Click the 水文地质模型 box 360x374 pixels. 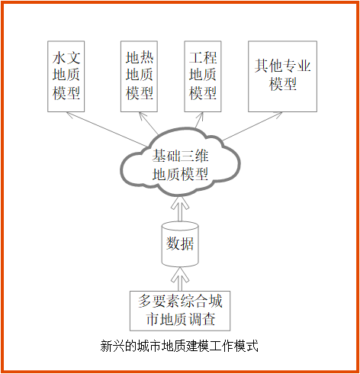[x=66, y=76]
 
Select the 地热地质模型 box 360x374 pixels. [x=139, y=76]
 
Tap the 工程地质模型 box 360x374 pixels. [x=203, y=76]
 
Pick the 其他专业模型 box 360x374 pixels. [x=282, y=76]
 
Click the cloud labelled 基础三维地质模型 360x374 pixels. [x=180, y=162]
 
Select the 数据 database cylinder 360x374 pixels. [x=180, y=243]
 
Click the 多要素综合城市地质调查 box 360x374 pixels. [x=180, y=311]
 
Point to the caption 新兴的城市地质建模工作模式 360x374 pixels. [x=179, y=346]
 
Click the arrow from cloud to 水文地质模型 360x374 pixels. [x=107, y=129]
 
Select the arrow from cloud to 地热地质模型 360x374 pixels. [x=149, y=123]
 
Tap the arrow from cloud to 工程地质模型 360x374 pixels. [x=199, y=120]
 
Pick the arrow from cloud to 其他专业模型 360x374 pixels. [x=252, y=126]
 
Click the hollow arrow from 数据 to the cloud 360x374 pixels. [x=180, y=209]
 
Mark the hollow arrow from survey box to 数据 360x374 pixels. [x=180, y=279]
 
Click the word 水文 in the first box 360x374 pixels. [x=66, y=58]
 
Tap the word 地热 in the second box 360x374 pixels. [x=140, y=57]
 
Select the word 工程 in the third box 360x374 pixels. [x=203, y=57]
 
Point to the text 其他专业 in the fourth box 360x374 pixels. [x=282, y=66]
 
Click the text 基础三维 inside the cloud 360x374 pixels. [x=180, y=156]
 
